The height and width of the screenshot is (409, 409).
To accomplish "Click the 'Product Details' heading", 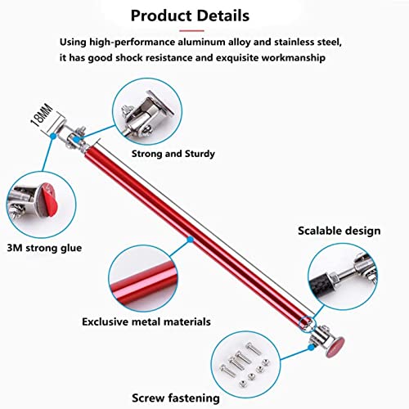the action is coord(190,16).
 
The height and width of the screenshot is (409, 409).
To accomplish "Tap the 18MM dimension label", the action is coord(42,115).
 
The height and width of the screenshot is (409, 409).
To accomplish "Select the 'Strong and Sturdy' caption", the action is coord(173,154).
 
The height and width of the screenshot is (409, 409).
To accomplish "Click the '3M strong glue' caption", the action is coord(44,248).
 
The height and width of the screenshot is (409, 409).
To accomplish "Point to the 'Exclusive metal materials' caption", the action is coord(146,321).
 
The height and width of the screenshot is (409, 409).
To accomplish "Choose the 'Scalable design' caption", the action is coord(339,231).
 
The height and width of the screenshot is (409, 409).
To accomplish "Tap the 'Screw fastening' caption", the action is coord(176,398).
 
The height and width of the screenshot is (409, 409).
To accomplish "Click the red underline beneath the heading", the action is coord(191,31).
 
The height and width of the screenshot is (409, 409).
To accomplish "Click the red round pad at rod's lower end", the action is coord(335,347).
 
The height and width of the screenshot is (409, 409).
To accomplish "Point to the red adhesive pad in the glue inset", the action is coord(48,200).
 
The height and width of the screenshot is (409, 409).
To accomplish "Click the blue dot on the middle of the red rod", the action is coord(191,240).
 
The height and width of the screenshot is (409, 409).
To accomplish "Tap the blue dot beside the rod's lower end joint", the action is coord(311,348).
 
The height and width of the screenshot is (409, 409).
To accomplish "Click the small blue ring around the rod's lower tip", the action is coord(308,324).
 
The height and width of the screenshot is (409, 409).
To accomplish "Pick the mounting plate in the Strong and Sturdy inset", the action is coord(161,102).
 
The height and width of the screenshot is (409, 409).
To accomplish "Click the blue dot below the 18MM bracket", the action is coord(53,136).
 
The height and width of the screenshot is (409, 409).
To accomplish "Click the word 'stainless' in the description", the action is coord(294,43).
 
